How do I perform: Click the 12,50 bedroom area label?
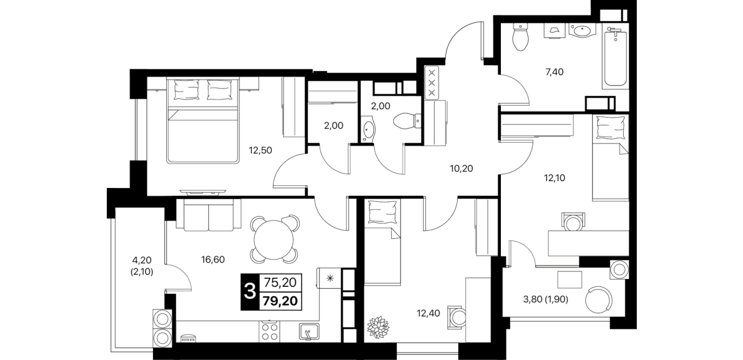click(x=260, y=151)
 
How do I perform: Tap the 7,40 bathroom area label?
click(x=555, y=72)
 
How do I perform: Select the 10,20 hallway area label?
click(x=461, y=169)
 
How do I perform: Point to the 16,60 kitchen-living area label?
click(x=213, y=259)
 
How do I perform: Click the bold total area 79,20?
click(x=280, y=301)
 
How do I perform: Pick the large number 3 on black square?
click(x=250, y=293)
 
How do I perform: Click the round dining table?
click(x=274, y=240)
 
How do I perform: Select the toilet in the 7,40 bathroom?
click(x=520, y=37)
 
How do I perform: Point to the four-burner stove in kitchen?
click(x=270, y=332)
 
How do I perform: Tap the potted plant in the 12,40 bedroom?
click(x=378, y=327)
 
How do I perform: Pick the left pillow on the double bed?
click(x=186, y=90)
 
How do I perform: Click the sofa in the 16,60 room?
click(x=208, y=215)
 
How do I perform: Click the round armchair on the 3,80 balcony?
click(x=599, y=299)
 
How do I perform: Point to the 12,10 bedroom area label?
click(x=555, y=178)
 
